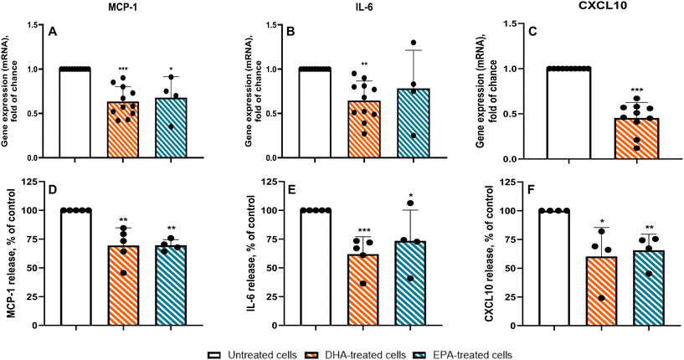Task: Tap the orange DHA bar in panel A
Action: pyautogui.click(x=123, y=130)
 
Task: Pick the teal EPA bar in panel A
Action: pyautogui.click(x=170, y=128)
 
